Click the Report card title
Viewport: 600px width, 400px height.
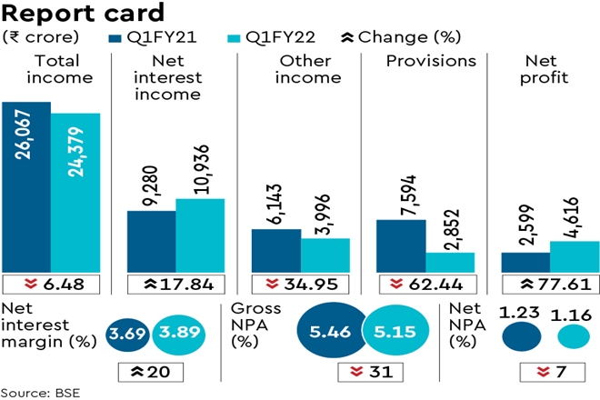tap(84, 13)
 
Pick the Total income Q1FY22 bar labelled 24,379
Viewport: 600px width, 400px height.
tap(75, 192)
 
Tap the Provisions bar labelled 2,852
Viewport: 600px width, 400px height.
tap(450, 261)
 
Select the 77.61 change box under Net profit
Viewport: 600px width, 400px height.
tap(550, 285)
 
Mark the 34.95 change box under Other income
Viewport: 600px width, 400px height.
tap(300, 285)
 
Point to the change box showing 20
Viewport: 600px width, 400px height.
tap(151, 372)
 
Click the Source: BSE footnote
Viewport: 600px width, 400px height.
tap(37, 393)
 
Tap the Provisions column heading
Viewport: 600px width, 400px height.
tap(431, 61)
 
